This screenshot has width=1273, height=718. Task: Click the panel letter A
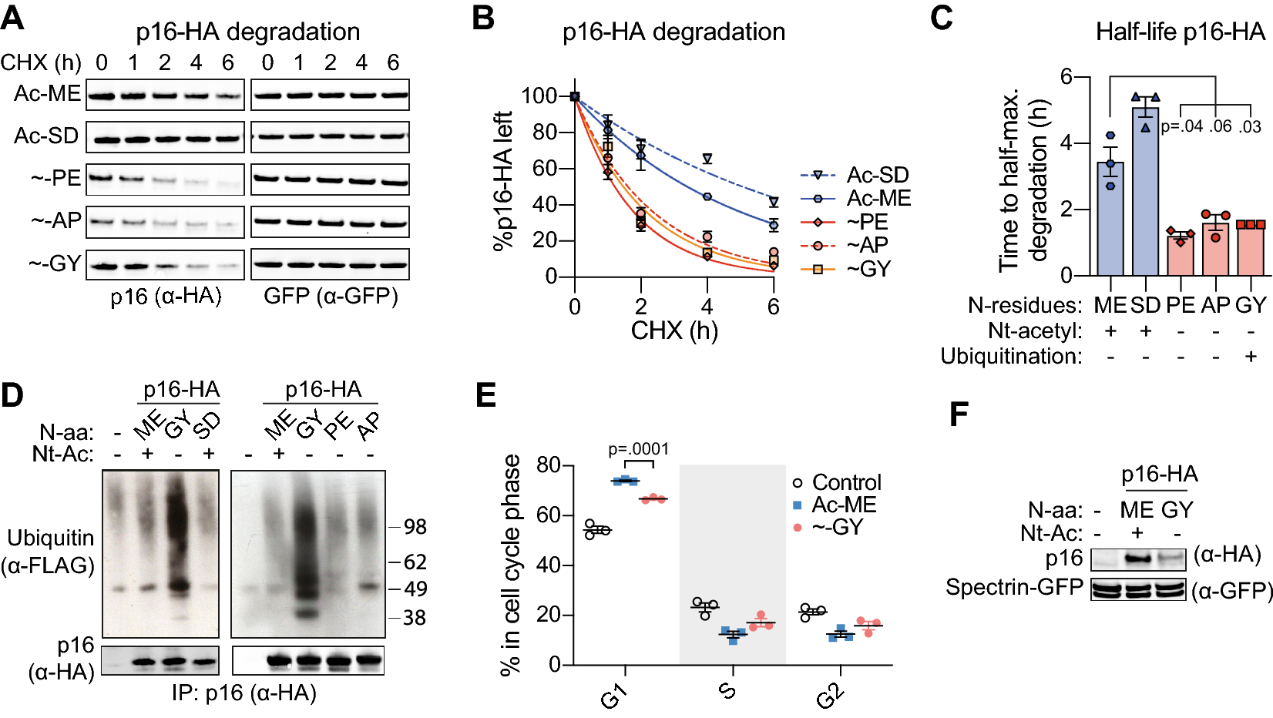pos(13,17)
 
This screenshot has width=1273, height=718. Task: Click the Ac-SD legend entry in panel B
pos(877,175)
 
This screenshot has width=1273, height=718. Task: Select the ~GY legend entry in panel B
pos(868,269)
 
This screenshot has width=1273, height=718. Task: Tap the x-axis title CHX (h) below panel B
pos(674,330)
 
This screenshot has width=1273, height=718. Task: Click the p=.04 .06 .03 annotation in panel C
pos(1211,126)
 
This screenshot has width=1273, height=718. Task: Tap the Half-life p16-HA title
pos(1180,32)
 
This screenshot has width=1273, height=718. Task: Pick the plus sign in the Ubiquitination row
pos(1251,356)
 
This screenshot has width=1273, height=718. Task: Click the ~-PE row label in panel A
pos(55,178)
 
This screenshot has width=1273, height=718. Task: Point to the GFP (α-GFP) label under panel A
pos(331,297)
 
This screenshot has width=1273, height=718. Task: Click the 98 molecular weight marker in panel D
pos(415,527)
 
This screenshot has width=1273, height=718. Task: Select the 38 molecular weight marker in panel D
pos(414,617)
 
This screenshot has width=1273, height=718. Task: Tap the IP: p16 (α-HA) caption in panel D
pos(244,693)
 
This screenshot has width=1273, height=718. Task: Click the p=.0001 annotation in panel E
pos(638,449)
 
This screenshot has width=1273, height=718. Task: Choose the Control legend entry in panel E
pos(846,482)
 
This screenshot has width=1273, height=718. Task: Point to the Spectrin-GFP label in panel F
pos(1014,587)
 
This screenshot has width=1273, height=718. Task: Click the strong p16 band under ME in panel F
pos(1137,559)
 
